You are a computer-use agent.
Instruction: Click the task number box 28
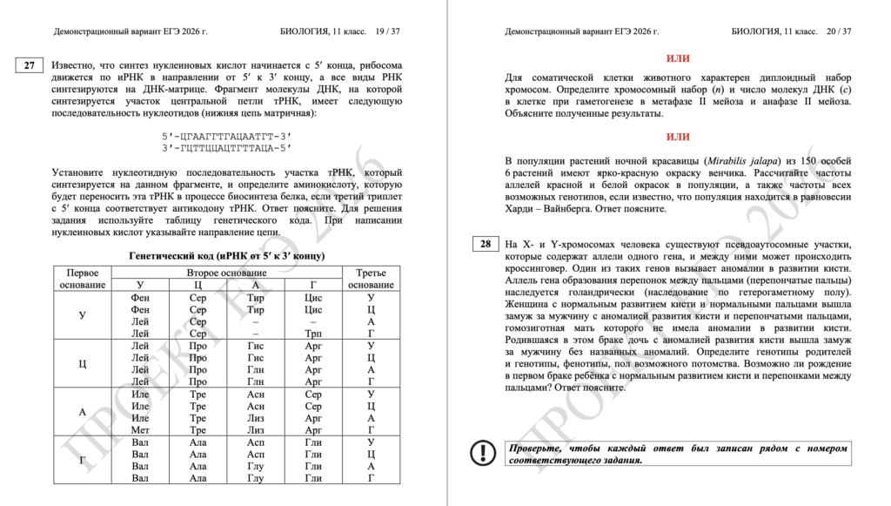pos(484,245)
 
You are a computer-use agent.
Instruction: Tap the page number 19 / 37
pos(382,31)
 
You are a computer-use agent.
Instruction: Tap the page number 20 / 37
pos(834,31)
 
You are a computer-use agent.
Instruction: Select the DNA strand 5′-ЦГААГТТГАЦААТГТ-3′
pos(226,136)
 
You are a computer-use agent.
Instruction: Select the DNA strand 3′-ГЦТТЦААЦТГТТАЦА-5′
pos(226,147)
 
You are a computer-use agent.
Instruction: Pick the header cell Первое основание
pos(83,279)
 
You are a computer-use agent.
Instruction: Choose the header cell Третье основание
pos(372,279)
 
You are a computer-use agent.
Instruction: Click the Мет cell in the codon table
pos(140,429)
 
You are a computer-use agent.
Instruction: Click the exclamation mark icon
pos(482,453)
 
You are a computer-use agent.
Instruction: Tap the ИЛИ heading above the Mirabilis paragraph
pos(678,137)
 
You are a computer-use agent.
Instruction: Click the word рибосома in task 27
pos(379,65)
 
